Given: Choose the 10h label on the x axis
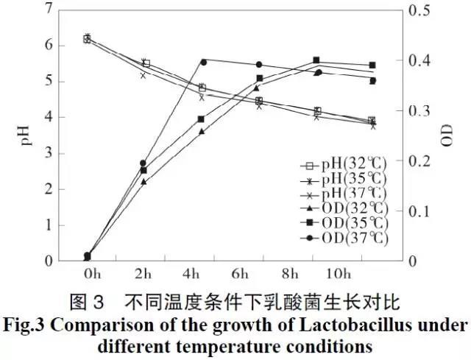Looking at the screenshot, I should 338,275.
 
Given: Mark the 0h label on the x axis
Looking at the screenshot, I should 91,275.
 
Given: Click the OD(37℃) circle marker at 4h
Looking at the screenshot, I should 202,62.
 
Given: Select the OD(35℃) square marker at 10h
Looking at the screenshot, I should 316,60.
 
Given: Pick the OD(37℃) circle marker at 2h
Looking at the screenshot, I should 144,163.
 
